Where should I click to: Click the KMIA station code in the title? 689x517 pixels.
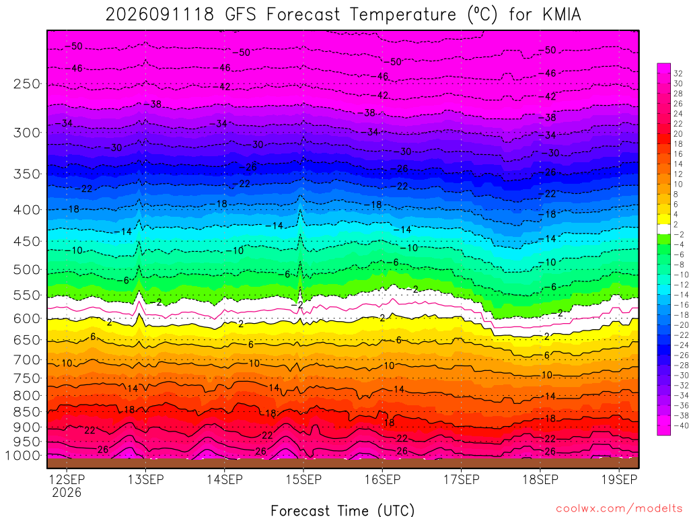click(x=562, y=15)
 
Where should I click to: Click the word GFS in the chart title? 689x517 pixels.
click(x=240, y=15)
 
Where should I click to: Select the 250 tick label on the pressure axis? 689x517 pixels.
click(x=27, y=84)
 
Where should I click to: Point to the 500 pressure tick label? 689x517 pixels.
click(x=27, y=269)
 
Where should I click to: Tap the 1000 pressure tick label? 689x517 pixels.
click(x=23, y=456)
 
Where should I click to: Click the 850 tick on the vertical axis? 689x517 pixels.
click(x=27, y=412)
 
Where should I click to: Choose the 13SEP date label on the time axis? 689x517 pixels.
click(x=145, y=479)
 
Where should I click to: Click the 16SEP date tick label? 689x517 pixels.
click(x=382, y=479)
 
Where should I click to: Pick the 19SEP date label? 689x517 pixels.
click(x=619, y=479)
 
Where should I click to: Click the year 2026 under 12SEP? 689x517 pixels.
click(x=67, y=492)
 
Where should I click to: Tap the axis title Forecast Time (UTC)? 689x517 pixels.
click(x=342, y=510)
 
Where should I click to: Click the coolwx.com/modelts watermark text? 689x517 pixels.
click(x=619, y=509)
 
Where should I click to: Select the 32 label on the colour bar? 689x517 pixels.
click(x=678, y=73)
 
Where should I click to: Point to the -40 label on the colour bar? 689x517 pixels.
click(x=681, y=425)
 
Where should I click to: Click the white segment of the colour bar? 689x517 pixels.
click(x=663, y=229)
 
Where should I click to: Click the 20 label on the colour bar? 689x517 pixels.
click(x=678, y=134)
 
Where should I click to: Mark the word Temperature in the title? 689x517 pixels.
click(x=404, y=15)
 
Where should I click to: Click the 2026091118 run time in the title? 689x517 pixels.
click(x=160, y=15)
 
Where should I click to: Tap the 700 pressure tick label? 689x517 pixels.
click(x=27, y=360)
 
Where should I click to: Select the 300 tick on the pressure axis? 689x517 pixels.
click(x=27, y=133)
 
